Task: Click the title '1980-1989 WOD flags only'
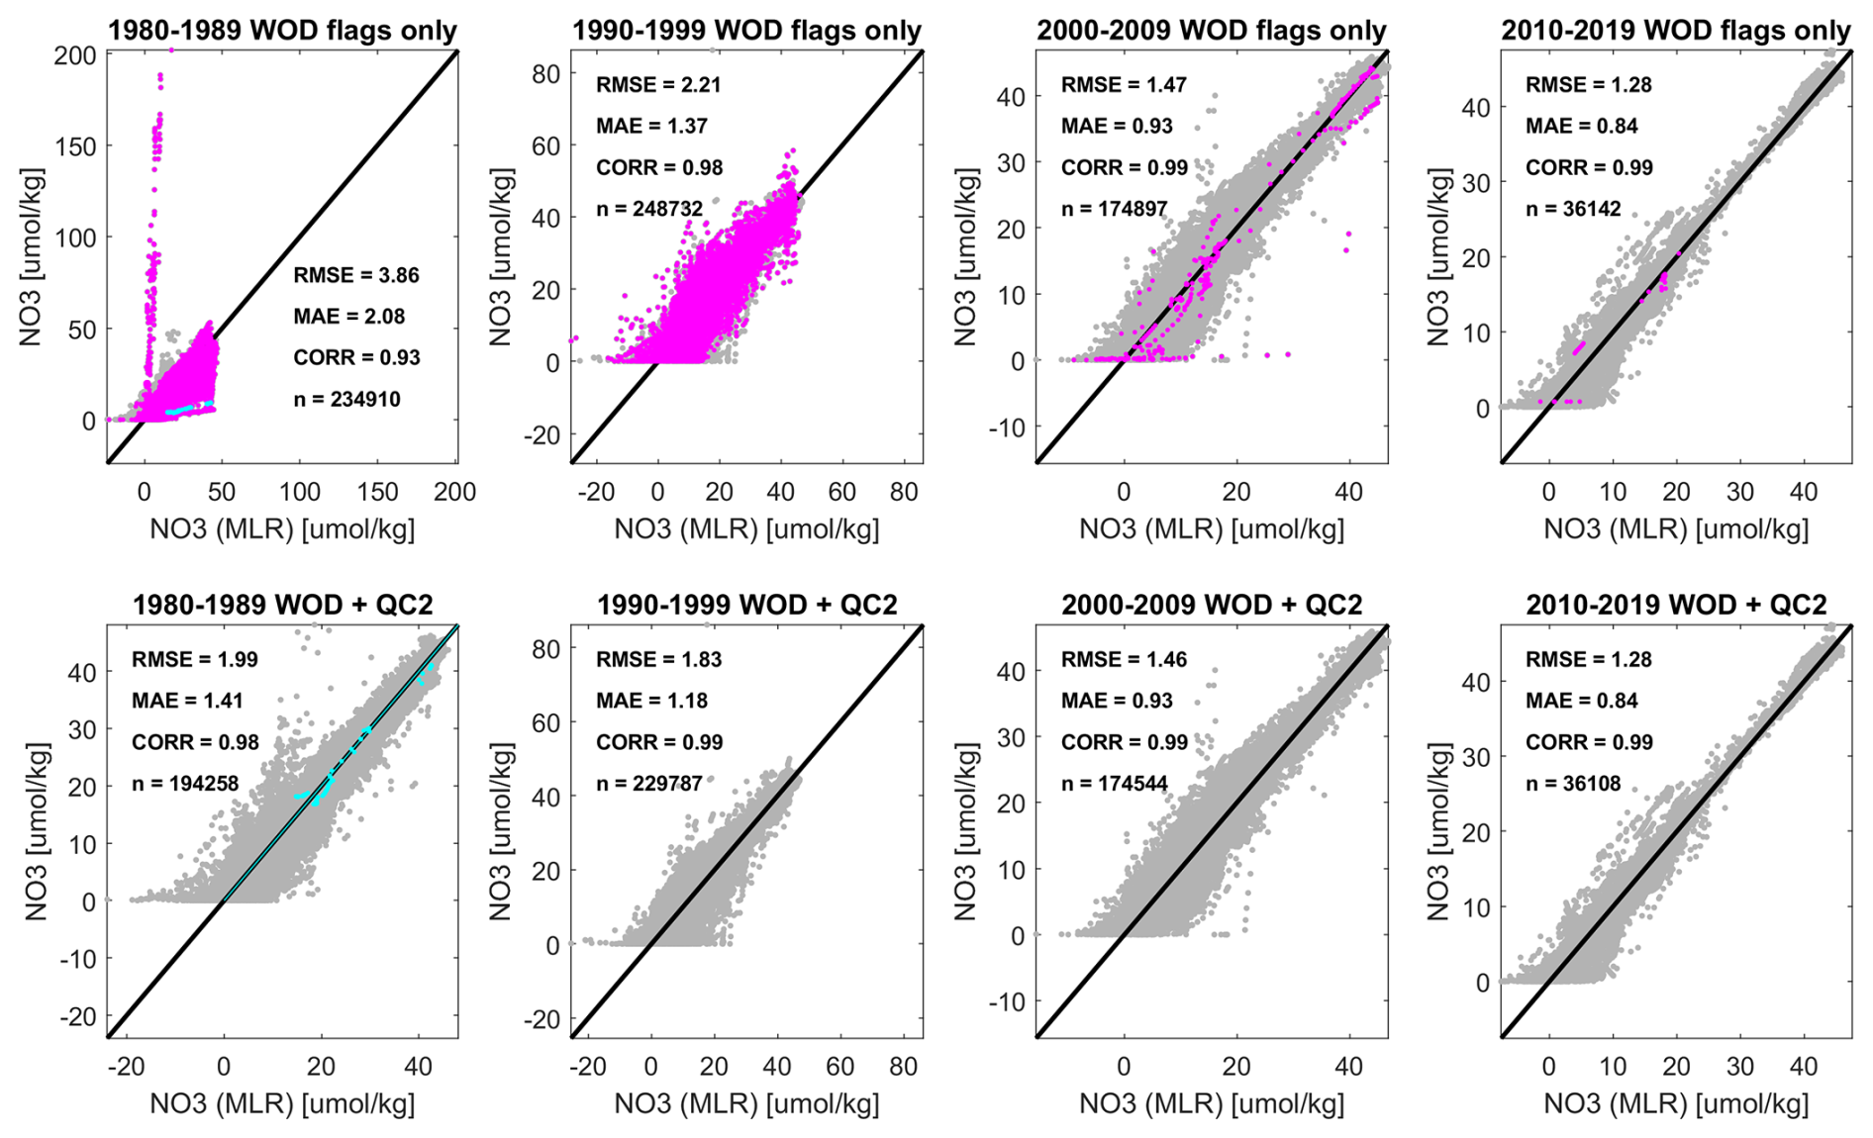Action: coord(282,31)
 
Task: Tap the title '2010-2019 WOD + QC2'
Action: coord(1676,605)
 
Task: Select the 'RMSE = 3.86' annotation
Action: coord(356,275)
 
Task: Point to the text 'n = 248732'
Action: coord(649,209)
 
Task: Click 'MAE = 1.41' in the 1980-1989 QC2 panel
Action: coord(187,701)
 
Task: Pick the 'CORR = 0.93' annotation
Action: coord(356,357)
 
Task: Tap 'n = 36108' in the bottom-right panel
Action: coord(1573,784)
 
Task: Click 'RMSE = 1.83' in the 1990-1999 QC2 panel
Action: coord(658,659)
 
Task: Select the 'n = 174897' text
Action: coord(1114,209)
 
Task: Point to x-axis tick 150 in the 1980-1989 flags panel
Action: coord(377,492)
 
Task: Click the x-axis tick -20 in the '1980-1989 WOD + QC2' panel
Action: coord(126,1067)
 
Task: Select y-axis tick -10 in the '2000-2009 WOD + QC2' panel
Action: coord(1009,1001)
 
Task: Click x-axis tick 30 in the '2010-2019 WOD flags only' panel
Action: coord(1739,492)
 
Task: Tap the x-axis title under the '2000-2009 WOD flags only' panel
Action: coord(1212,529)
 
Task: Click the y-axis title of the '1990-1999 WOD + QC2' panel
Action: coord(500,831)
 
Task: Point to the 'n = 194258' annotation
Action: coord(185,784)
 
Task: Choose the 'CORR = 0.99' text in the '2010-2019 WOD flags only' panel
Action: coord(1589,167)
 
